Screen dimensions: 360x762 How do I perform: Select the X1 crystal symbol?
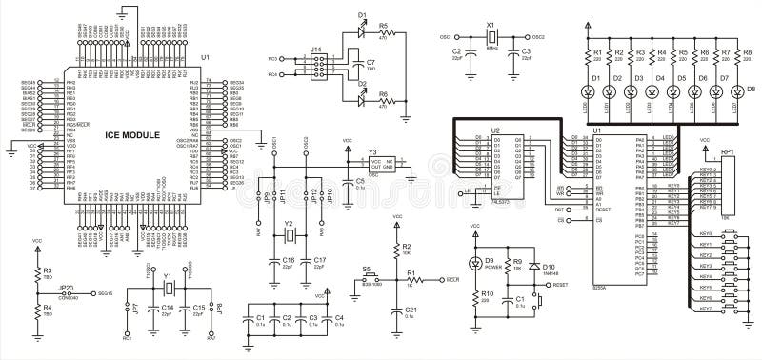pos(491,37)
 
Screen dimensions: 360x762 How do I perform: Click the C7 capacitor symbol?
pos(344,66)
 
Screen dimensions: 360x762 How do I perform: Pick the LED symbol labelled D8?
pos(737,91)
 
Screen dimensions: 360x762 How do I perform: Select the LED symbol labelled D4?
pos(652,91)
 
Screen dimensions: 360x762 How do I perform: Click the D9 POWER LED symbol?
pos(477,263)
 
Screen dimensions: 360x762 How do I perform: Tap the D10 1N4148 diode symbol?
pos(534,266)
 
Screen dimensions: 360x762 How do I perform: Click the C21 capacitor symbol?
pos(397,310)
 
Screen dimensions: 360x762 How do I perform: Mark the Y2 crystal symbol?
pos(291,235)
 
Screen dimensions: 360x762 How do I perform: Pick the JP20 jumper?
pos(68,293)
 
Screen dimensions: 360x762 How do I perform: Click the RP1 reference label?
pos(728,150)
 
